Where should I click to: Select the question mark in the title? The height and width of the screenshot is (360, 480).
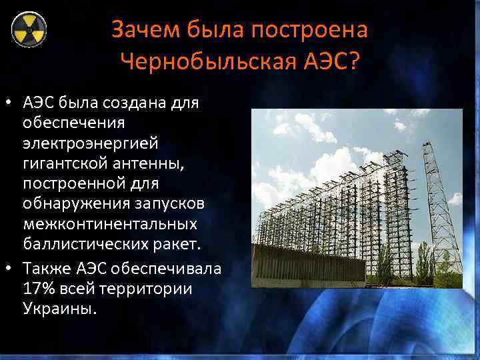click(352, 63)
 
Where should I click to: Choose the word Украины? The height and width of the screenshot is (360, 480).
click(59, 309)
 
